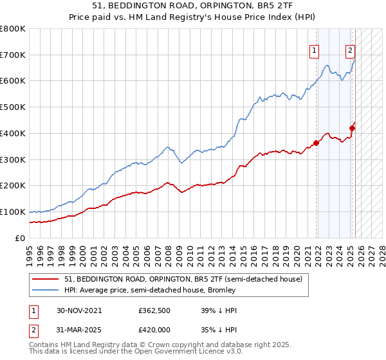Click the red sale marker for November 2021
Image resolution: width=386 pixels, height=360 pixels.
tap(317, 143)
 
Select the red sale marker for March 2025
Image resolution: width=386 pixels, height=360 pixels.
tap(352, 128)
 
